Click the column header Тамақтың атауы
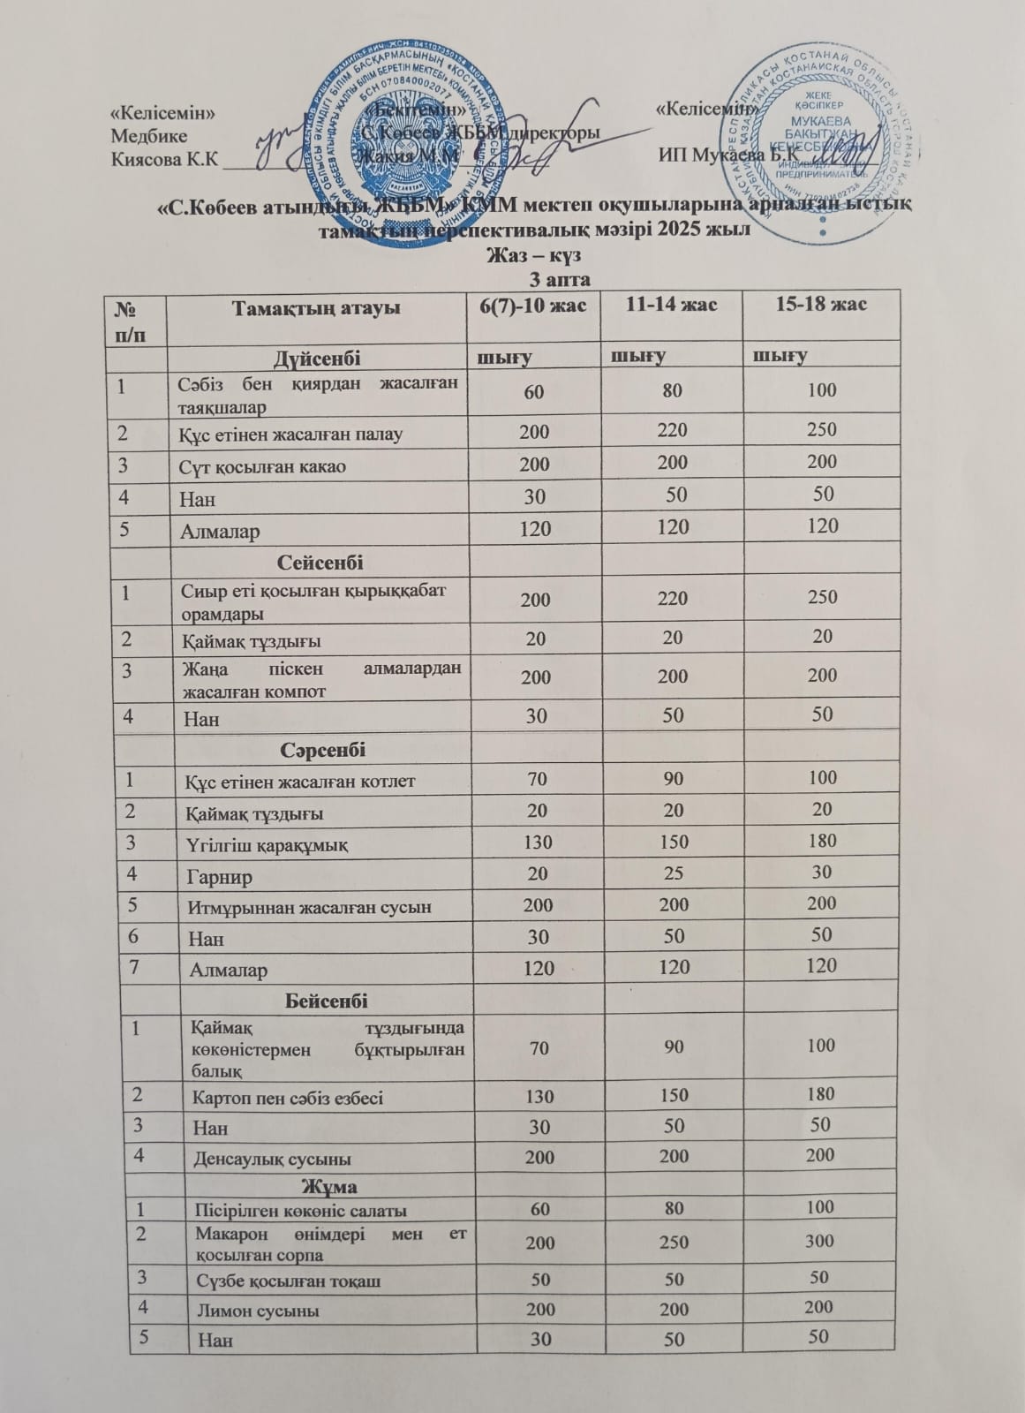[315, 308]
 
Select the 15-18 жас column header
[820, 304]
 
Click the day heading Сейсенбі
[320, 562]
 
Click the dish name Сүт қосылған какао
[264, 466]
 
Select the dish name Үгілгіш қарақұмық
[266, 845]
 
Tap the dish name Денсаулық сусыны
[273, 1158]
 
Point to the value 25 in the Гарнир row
[675, 874]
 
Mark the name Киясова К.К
[164, 159]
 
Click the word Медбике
[149, 136]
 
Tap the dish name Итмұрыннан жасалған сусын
[309, 907]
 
